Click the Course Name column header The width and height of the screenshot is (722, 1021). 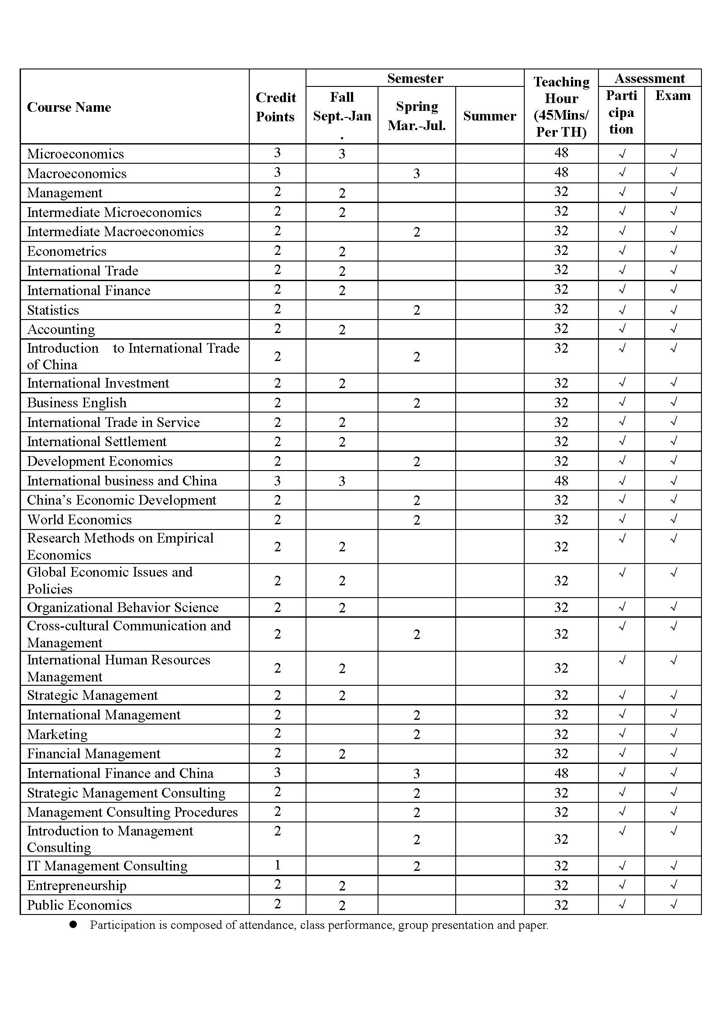[69, 107]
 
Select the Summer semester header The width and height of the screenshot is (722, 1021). [489, 116]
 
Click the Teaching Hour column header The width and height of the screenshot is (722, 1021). [561, 107]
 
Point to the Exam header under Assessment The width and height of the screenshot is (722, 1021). [673, 96]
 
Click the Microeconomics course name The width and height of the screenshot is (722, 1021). [76, 154]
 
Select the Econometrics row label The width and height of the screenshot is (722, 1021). [67, 251]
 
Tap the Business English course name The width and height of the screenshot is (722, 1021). [77, 402]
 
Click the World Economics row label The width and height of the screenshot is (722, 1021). [79, 519]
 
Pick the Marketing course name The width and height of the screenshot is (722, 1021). [57, 734]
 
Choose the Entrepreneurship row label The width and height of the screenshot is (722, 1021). [77, 885]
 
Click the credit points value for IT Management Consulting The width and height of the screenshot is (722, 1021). [278, 865]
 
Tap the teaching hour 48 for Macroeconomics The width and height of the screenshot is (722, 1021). [561, 172]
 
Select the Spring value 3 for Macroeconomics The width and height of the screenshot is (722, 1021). [416, 174]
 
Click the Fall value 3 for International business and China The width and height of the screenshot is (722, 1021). [342, 481]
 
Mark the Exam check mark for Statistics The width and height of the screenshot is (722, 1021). [673, 309]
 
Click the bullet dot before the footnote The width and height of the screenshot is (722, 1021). [73, 925]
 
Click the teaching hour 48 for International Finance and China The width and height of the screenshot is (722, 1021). [561, 773]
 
